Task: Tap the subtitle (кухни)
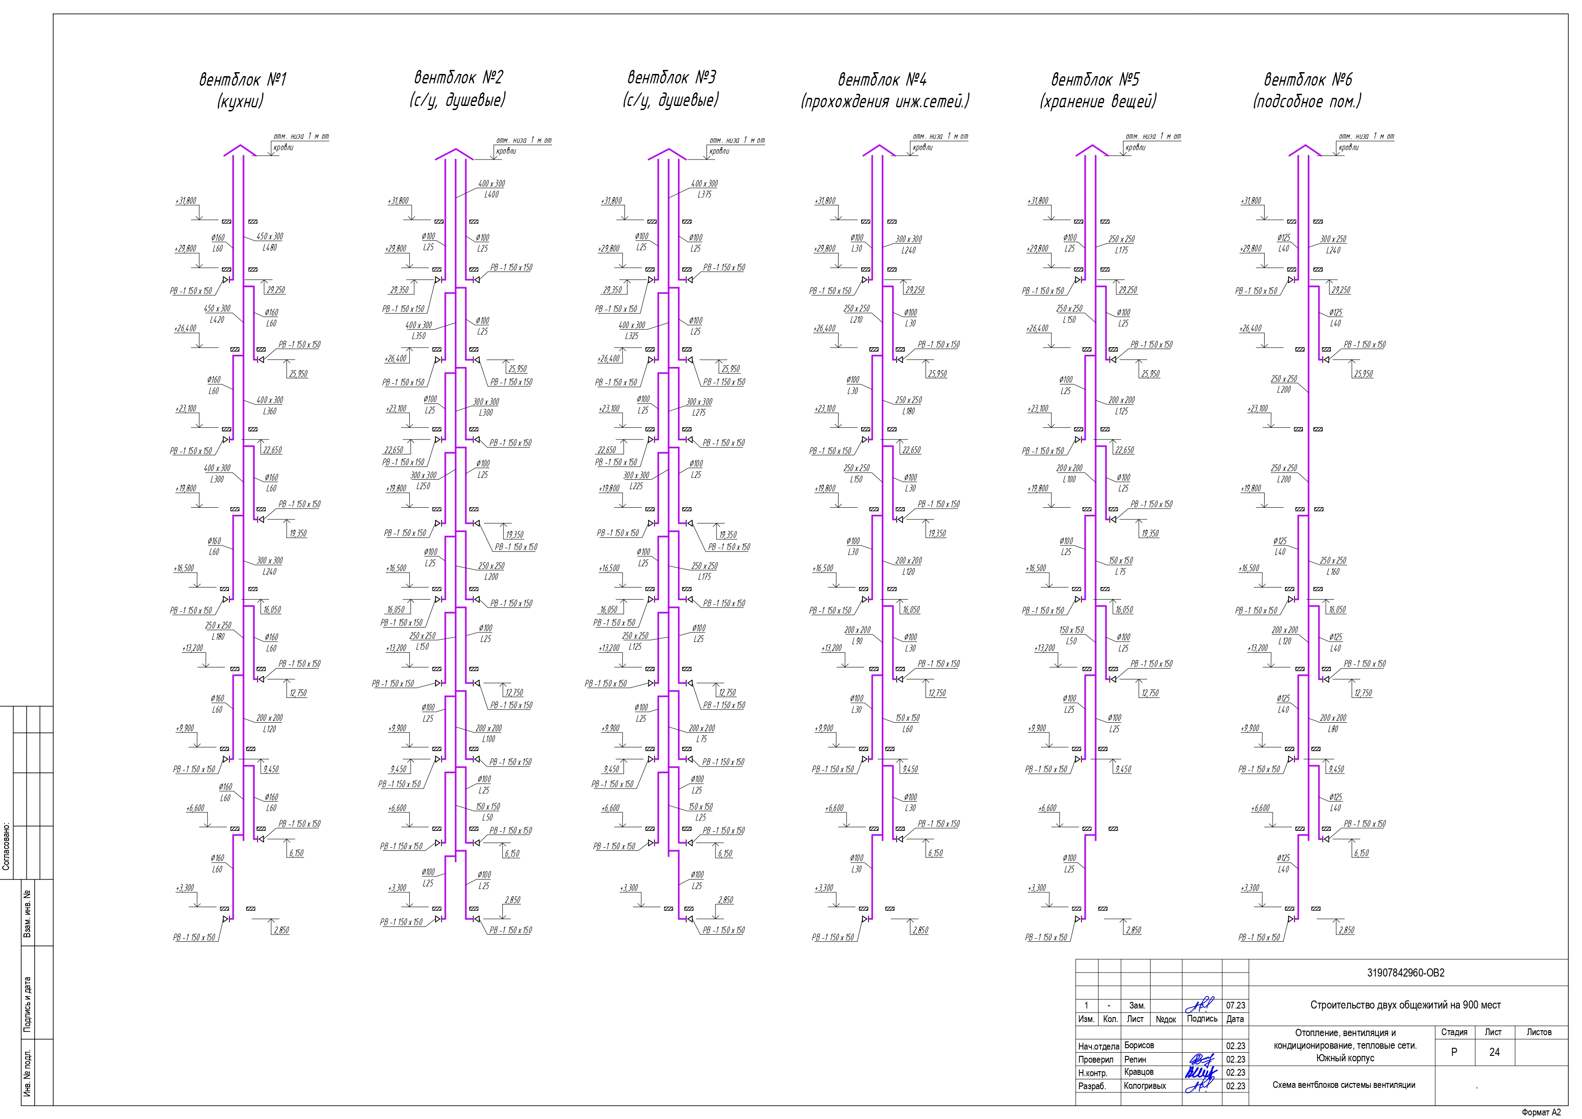[240, 102]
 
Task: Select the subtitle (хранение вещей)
[1098, 102]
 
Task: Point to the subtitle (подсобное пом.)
[1307, 102]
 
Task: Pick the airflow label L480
[270, 248]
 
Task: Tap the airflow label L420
[217, 320]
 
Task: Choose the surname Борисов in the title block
[1139, 1045]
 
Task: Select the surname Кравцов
[1138, 1072]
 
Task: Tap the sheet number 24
[1494, 1052]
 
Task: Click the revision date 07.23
[1235, 1005]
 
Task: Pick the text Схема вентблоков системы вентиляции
[1344, 1085]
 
